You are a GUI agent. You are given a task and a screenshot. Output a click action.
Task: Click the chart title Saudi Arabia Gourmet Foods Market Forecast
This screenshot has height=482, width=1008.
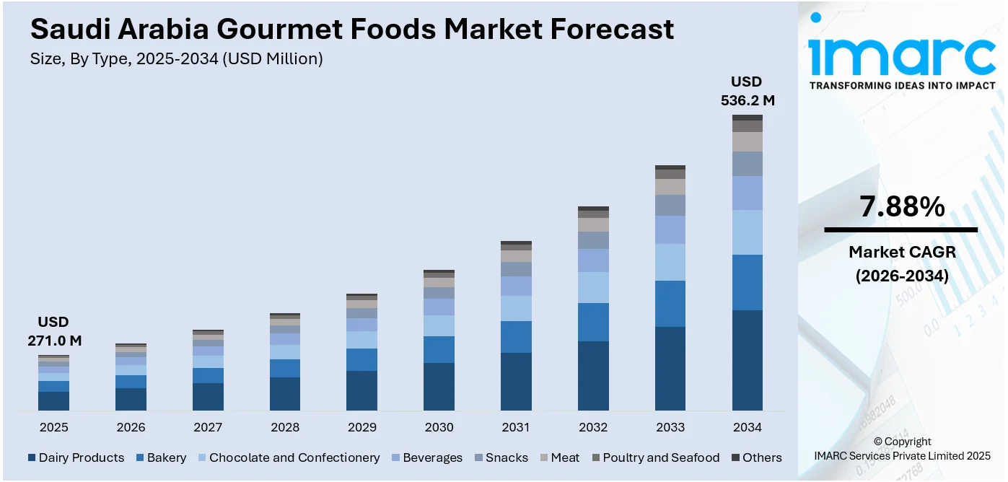coord(352,30)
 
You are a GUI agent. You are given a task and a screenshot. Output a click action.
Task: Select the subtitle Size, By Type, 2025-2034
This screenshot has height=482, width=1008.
coord(176,59)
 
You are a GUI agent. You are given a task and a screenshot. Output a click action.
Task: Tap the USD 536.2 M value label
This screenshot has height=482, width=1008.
coord(747,91)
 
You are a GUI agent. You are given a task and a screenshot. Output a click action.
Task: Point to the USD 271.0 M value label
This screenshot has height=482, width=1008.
coord(54,331)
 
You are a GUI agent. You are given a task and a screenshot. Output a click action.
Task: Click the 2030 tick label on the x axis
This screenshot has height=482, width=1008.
coord(439,427)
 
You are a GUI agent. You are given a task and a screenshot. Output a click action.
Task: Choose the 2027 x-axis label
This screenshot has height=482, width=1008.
coord(208,427)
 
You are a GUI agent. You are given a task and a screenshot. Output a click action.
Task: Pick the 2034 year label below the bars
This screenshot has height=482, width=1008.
coord(747,427)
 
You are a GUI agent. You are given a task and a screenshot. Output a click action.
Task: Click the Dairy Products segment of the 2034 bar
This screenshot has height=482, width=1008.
coord(747,360)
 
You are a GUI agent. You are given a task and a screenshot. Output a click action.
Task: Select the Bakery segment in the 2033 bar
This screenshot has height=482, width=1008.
coord(670,304)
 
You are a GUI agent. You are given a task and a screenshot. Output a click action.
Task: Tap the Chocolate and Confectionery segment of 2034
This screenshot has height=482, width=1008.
coord(747,232)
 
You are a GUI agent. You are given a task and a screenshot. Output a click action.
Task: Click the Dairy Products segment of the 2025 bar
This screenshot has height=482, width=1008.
coord(54,400)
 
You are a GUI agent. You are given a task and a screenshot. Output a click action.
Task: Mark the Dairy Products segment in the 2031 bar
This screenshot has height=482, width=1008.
coord(516,381)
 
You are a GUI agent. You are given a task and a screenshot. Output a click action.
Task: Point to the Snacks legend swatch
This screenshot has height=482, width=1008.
coord(479,457)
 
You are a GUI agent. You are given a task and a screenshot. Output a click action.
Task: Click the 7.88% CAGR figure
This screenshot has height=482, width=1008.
coord(901,208)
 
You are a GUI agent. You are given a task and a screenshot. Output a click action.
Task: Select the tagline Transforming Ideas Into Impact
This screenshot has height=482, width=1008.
coord(902,86)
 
